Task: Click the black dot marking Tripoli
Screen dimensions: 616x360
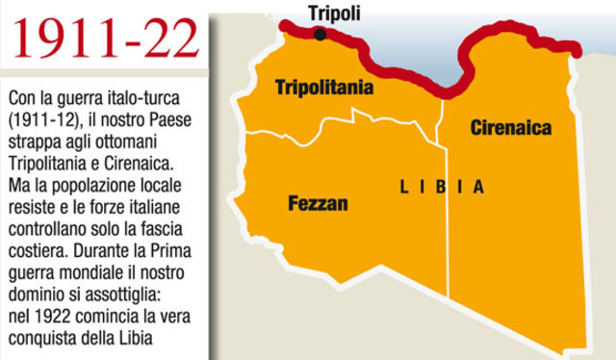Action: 321,37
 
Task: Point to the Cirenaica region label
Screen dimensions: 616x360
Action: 509,127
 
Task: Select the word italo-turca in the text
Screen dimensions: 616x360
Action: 143,99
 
